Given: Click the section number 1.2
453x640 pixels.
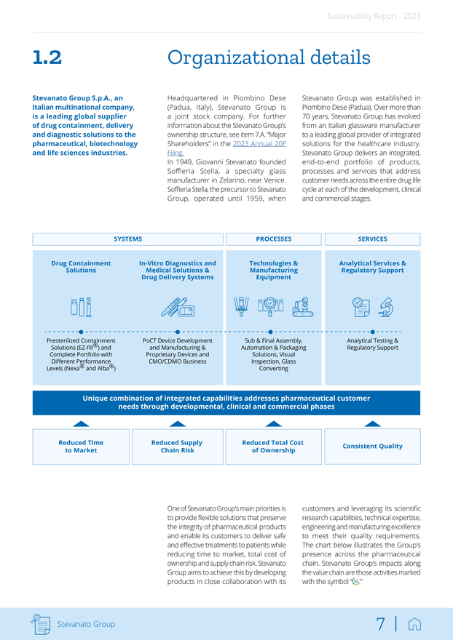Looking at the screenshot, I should [47, 58].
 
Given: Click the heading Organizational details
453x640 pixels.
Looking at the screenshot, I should [269, 57].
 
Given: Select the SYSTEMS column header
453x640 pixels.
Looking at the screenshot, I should [128, 239].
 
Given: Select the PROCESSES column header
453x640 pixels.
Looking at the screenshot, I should [274, 239].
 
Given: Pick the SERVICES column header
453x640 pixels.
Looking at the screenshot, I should [372, 239].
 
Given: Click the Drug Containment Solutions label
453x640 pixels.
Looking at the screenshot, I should [81, 267].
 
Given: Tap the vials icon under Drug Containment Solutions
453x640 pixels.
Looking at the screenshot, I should [81, 307].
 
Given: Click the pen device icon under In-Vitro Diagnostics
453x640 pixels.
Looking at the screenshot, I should [177, 308].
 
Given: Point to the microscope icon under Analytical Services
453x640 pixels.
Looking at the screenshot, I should [387, 308].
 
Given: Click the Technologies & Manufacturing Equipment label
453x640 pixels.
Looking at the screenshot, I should [274, 270].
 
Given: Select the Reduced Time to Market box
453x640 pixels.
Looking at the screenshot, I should [81, 447].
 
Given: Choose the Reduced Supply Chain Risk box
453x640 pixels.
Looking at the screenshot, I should [177, 447].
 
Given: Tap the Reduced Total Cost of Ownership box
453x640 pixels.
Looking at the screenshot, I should [274, 447].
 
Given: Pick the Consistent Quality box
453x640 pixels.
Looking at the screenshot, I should [372, 447].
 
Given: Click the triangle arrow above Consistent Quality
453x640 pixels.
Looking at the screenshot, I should [372, 423].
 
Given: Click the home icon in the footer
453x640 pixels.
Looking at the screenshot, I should [415, 624].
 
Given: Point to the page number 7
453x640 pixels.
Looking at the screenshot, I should [380, 624].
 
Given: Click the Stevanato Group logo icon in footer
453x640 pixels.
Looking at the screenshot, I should [41, 623].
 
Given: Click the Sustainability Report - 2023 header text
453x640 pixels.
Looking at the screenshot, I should [373, 16].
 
